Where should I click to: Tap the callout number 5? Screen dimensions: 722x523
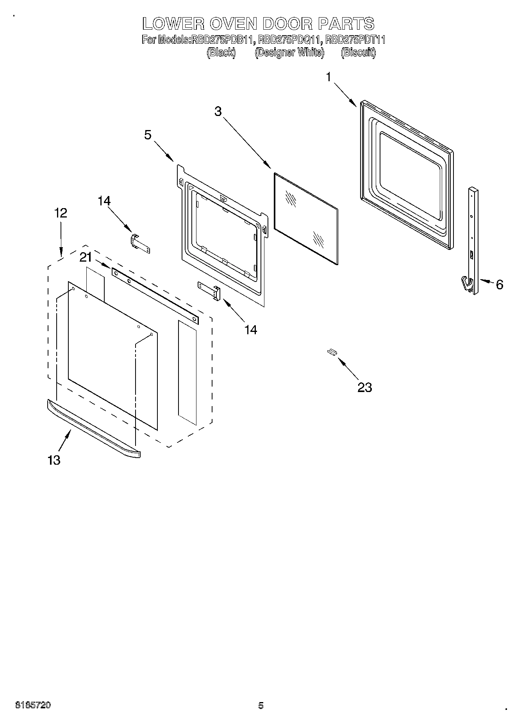tap(148, 135)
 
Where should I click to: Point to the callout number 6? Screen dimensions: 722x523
tap(500, 285)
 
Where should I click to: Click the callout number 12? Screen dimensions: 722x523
tap(61, 213)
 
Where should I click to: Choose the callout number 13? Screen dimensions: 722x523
tap(54, 460)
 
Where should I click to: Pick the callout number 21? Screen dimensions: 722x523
tap(86, 257)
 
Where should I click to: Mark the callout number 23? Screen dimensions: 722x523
tap(364, 387)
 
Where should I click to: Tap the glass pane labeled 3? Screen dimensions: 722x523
tap(306, 219)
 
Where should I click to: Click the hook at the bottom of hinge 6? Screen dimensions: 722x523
tap(466, 283)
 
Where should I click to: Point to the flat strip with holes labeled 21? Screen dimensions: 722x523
tap(155, 296)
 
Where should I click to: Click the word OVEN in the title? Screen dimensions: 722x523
tap(233, 24)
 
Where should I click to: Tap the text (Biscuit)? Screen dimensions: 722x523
tap(358, 52)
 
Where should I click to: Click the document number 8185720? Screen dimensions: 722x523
tap(33, 706)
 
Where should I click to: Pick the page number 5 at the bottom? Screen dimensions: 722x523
tap(261, 706)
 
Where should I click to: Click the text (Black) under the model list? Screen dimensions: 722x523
tap(221, 52)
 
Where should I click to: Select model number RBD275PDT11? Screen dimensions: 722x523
tap(356, 40)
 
